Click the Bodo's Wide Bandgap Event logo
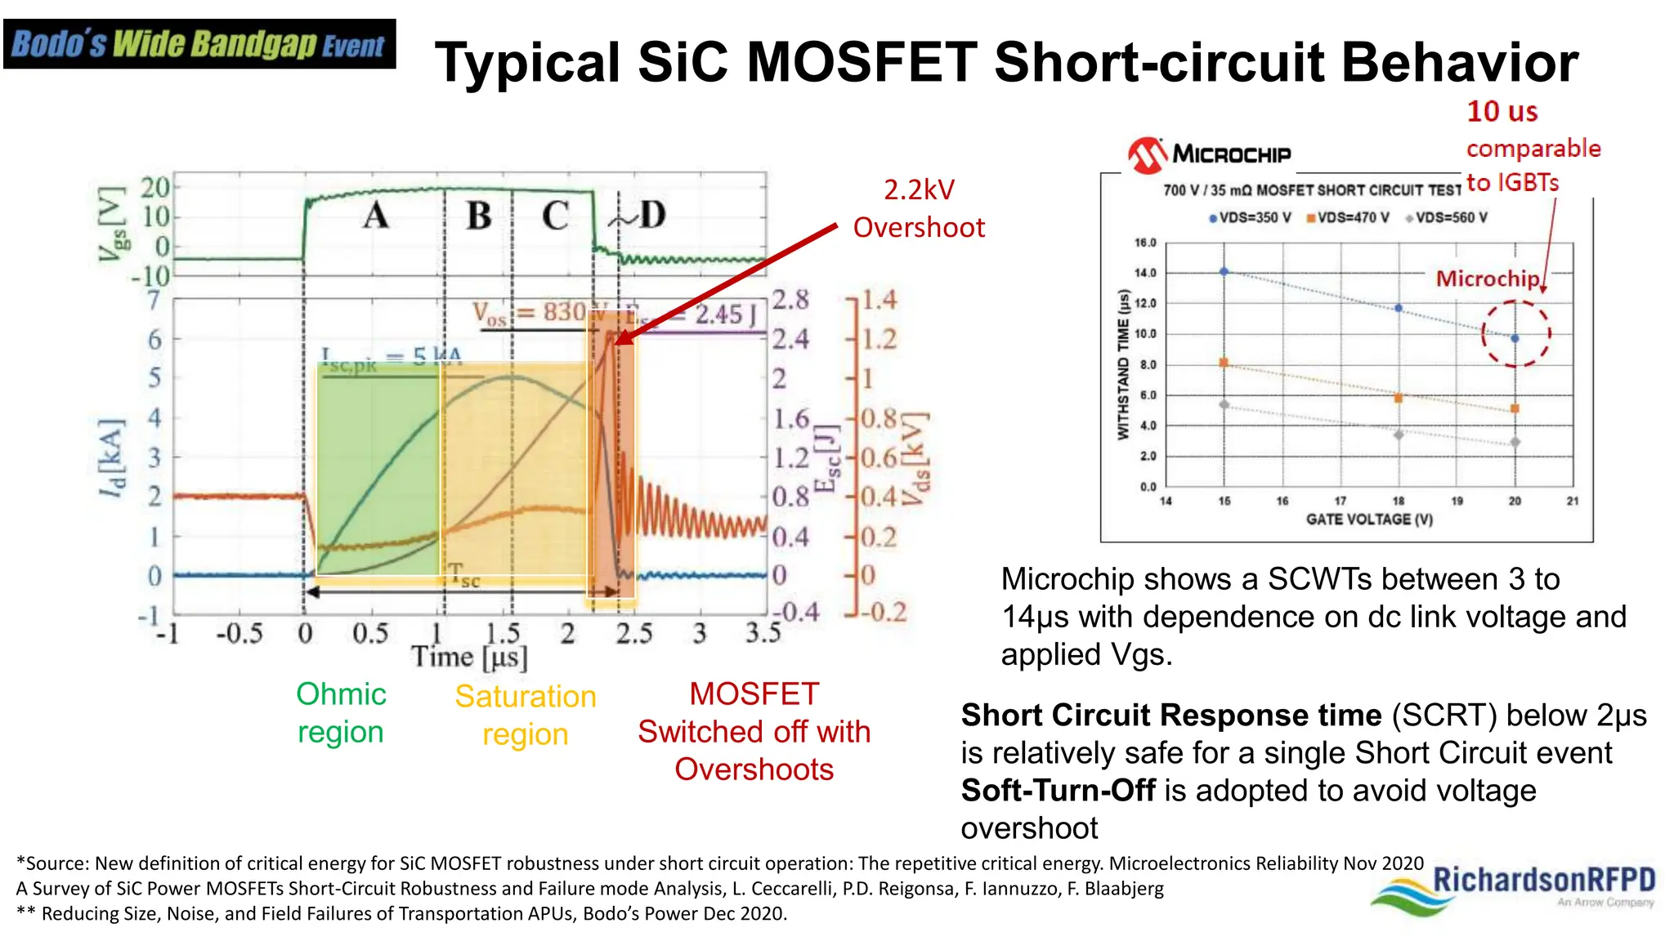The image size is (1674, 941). pyautogui.click(x=199, y=44)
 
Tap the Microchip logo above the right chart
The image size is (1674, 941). pyautogui.click(x=1209, y=154)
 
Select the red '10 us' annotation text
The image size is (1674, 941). pyautogui.click(x=1502, y=111)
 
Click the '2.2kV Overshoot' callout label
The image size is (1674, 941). pyautogui.click(x=919, y=209)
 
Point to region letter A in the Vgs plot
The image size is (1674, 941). pyautogui.click(x=375, y=216)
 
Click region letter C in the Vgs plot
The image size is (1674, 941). pyautogui.click(x=555, y=216)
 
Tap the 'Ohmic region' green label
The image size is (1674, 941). pyautogui.click(x=341, y=712)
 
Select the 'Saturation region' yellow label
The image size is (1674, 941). pyautogui.click(x=526, y=715)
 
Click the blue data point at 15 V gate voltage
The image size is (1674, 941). pyautogui.click(x=1224, y=272)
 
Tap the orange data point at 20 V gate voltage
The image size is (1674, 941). pyautogui.click(x=1515, y=408)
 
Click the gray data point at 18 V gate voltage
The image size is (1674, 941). pyautogui.click(x=1399, y=435)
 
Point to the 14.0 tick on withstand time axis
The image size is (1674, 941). pyautogui.click(x=1145, y=273)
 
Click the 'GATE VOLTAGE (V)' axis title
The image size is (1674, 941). pyautogui.click(x=1369, y=519)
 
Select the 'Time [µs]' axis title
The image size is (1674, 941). pyautogui.click(x=469, y=657)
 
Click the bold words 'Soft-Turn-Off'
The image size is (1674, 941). pyautogui.click(x=1058, y=791)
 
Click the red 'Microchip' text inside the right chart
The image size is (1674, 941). pyautogui.click(x=1488, y=279)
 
